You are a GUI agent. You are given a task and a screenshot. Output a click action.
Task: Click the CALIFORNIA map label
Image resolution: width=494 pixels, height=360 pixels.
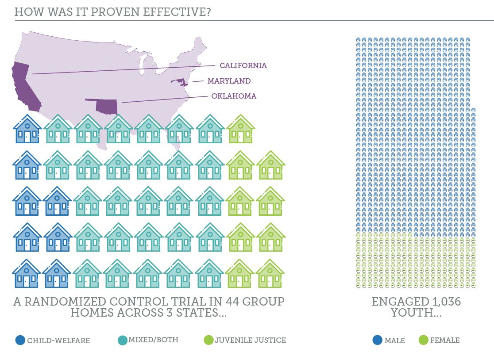pyautogui.click(x=243, y=65)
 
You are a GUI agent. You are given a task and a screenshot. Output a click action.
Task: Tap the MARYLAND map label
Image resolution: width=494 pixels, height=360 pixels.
pyautogui.click(x=229, y=81)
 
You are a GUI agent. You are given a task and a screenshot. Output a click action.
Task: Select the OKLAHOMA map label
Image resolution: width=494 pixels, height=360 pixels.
pyautogui.click(x=234, y=96)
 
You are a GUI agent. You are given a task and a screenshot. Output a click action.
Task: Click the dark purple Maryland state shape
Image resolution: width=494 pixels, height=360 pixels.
pyautogui.click(x=181, y=82)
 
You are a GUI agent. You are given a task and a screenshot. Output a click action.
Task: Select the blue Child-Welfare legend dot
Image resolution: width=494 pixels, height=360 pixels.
pyautogui.click(x=20, y=340)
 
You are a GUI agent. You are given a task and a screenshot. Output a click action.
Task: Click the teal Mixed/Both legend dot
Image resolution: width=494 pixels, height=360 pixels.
pyautogui.click(x=122, y=340)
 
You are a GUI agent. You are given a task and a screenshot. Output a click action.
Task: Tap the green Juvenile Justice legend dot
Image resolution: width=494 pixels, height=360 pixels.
pyautogui.click(x=208, y=340)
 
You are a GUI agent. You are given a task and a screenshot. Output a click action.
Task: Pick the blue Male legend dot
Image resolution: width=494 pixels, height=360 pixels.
pyautogui.click(x=378, y=340)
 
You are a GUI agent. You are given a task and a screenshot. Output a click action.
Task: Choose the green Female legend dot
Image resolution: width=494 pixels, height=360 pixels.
pyautogui.click(x=424, y=340)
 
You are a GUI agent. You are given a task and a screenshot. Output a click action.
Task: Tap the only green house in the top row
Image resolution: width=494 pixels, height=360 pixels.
pyautogui.click(x=241, y=129)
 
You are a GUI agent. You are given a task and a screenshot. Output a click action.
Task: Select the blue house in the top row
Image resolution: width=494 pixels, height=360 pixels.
pyautogui.click(x=27, y=129)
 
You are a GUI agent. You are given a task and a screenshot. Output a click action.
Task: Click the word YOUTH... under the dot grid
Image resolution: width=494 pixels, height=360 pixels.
pyautogui.click(x=416, y=313)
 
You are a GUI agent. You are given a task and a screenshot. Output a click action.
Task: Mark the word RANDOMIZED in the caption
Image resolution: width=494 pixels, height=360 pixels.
pyautogui.click(x=65, y=302)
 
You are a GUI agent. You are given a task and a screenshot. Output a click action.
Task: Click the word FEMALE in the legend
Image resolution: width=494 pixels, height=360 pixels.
pyautogui.click(x=445, y=340)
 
